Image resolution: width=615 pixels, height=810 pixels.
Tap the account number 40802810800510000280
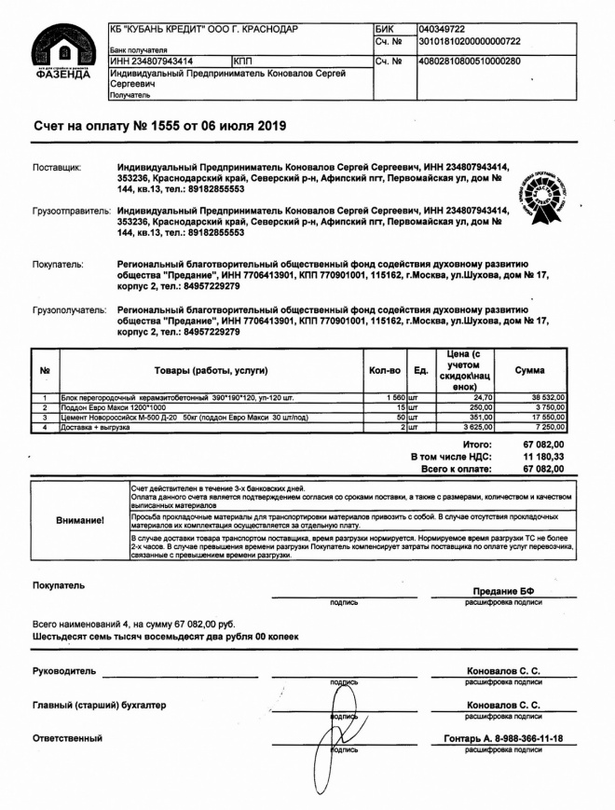click(x=470, y=62)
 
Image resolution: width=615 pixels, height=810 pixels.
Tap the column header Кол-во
click(x=384, y=370)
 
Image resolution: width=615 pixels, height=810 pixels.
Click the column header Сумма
click(x=530, y=370)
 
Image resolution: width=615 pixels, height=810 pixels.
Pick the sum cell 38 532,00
click(x=547, y=398)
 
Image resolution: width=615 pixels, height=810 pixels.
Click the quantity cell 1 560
click(x=388, y=398)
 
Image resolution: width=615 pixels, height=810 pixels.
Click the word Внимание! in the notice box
click(x=80, y=520)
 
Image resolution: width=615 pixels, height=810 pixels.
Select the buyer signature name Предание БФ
click(x=503, y=592)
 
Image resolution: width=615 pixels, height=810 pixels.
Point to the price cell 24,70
click(x=481, y=398)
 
